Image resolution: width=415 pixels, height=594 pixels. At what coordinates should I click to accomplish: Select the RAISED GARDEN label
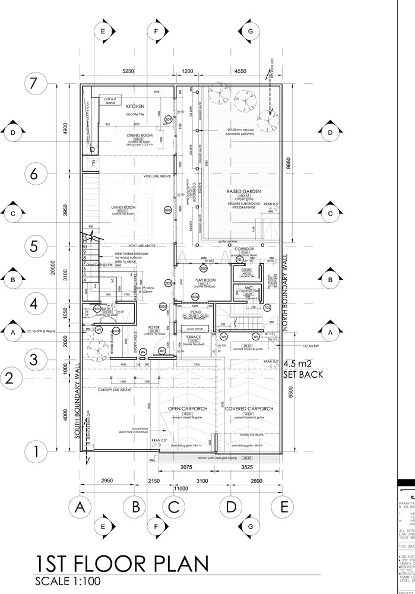[244, 191]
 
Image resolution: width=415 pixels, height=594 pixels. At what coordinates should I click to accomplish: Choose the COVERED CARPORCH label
[248, 409]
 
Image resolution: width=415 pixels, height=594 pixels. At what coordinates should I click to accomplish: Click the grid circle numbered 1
[35, 451]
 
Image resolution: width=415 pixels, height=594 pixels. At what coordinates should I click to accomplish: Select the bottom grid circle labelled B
[135, 507]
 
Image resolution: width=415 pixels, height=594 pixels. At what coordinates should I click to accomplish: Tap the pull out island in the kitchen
[110, 100]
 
